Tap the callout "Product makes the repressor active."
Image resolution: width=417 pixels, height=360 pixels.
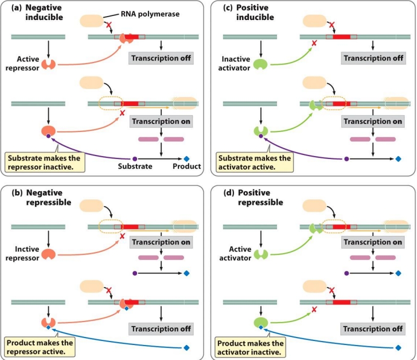[x=39, y=347]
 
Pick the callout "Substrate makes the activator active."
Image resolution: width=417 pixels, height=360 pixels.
[x=254, y=162]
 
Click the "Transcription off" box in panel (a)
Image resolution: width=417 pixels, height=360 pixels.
[x=161, y=58]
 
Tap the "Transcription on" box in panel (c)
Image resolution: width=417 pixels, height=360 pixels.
[x=372, y=121]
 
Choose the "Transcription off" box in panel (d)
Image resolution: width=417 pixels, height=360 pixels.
[x=372, y=329]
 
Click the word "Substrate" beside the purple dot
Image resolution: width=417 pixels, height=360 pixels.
[x=135, y=166]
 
